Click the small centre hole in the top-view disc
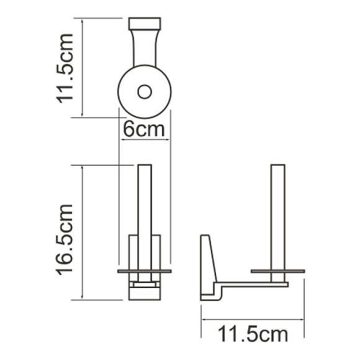[x=145, y=92]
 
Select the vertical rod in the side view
[x=278, y=211]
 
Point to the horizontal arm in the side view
[x=254, y=284]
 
